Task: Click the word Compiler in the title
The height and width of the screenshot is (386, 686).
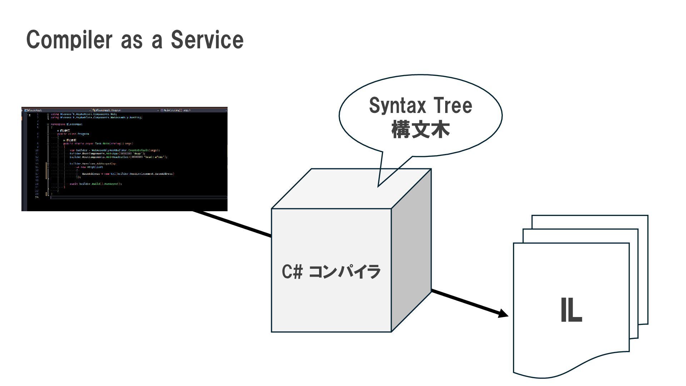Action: [x=69, y=40]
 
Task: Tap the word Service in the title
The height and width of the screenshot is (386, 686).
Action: [x=207, y=40]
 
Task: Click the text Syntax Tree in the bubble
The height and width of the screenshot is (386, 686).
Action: [x=420, y=106]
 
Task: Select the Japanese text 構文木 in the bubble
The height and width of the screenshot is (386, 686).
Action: [x=420, y=130]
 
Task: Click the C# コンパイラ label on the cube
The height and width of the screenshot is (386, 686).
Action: [x=331, y=272]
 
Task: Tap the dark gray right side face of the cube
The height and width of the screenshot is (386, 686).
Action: [x=411, y=250]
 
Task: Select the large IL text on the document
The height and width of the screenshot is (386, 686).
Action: [x=571, y=311]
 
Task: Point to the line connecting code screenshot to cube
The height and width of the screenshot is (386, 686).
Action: [x=232, y=224]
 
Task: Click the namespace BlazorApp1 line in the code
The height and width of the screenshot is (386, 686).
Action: [x=67, y=124]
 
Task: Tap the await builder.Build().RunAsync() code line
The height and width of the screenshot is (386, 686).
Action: [x=96, y=184]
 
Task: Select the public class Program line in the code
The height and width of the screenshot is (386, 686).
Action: [x=73, y=134]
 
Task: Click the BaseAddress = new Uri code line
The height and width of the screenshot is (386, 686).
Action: [x=128, y=174]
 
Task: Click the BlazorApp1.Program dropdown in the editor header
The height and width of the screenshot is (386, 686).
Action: [x=107, y=110]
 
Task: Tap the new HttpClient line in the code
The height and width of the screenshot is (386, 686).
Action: [x=92, y=167]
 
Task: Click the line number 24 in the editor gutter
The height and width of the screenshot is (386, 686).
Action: [x=37, y=197]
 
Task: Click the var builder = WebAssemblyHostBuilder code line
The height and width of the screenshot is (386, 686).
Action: [x=115, y=150]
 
